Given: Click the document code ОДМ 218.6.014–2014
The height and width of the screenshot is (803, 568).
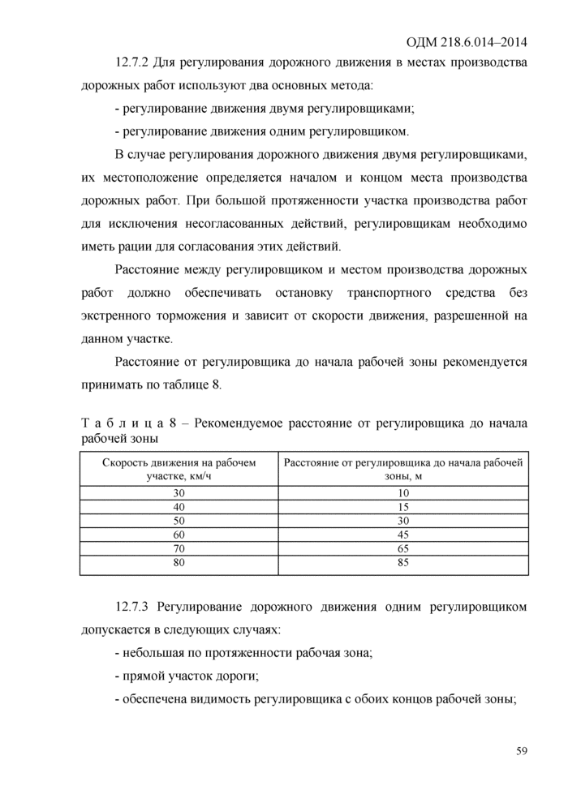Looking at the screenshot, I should pyautogui.click(x=464, y=41).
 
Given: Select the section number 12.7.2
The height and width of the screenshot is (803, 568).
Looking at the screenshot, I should pyautogui.click(x=136, y=64).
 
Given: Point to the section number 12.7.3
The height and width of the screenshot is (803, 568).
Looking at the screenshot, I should pyautogui.click(x=136, y=606).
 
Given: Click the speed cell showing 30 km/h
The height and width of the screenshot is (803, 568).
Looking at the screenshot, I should pyautogui.click(x=179, y=492).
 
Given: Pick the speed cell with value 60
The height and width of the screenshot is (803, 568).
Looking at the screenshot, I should pyautogui.click(x=179, y=535).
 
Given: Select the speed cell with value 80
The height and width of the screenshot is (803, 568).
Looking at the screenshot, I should pyautogui.click(x=179, y=562).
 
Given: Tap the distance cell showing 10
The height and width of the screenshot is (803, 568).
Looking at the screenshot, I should pyautogui.click(x=403, y=492).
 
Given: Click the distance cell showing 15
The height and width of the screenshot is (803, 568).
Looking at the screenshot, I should pyautogui.click(x=403, y=506).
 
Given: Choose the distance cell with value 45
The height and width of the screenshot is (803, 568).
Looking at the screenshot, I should pyautogui.click(x=403, y=535).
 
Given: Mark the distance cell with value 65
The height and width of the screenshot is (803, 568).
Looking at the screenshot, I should pyautogui.click(x=403, y=548).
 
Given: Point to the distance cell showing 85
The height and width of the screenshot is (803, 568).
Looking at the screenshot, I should pyautogui.click(x=403, y=562).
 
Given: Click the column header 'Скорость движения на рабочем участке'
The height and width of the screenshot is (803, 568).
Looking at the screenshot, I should pyautogui.click(x=179, y=469).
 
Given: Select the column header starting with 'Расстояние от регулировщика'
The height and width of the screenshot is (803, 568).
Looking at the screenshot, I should pyautogui.click(x=403, y=469).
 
